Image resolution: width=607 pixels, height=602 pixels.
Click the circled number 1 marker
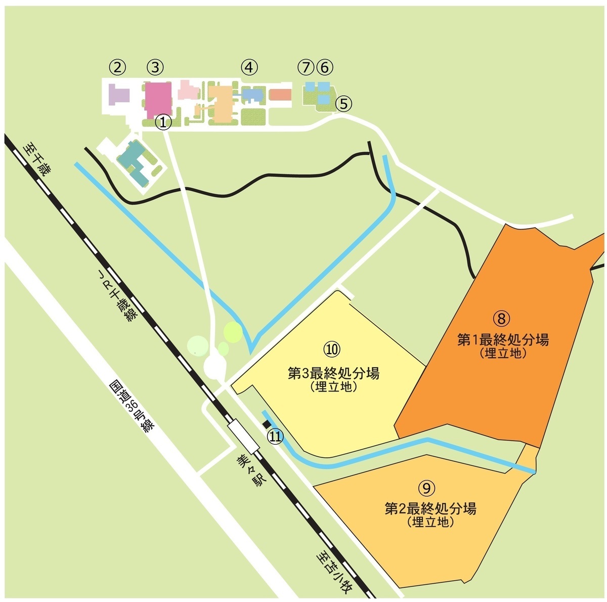(163, 122)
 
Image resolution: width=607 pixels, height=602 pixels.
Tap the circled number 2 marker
(117, 67)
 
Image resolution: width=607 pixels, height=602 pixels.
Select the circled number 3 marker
(155, 67)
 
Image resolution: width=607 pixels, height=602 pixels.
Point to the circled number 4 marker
(249, 67)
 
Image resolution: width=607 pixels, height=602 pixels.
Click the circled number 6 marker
(325, 66)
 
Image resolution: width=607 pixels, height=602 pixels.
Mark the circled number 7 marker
(306, 66)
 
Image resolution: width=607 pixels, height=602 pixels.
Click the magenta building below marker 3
(158, 98)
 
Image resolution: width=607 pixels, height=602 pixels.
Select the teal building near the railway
(135, 162)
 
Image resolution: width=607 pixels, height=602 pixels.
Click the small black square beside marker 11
(266, 424)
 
